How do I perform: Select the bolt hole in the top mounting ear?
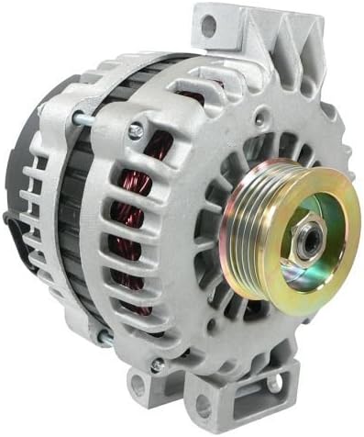tap(208, 28)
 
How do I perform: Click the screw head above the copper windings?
tap(135, 132)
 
